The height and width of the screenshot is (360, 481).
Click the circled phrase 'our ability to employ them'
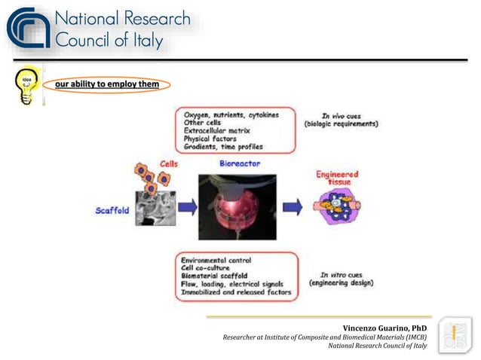click(106, 84)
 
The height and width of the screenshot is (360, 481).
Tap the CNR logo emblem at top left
click(27, 29)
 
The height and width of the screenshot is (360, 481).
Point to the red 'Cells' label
click(169, 163)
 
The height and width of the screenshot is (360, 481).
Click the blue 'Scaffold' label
click(112, 210)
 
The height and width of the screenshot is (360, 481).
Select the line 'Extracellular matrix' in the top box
click(220, 131)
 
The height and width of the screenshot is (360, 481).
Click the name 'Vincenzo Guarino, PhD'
click(384, 328)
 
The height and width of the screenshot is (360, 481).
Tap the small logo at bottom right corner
click(455, 335)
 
